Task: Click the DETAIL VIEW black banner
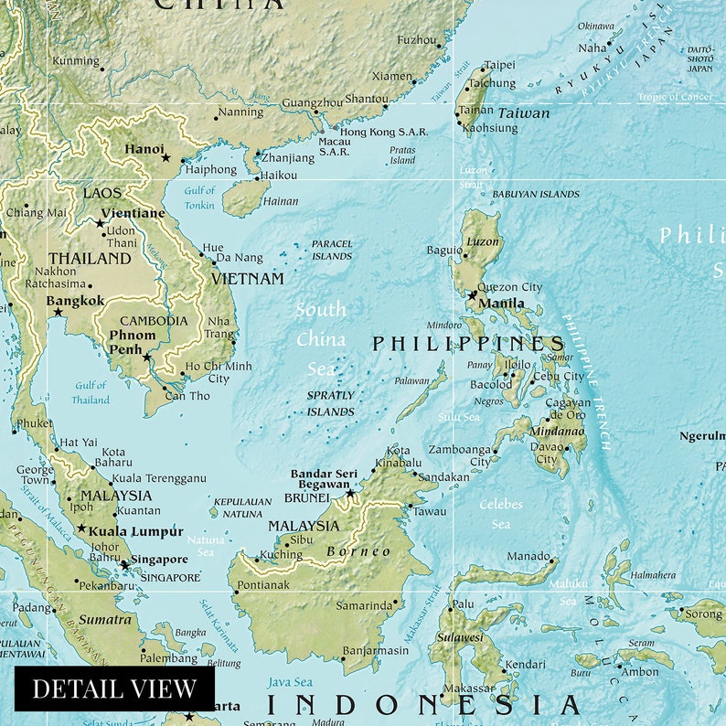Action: (x=114, y=689)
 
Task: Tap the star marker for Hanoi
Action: (x=165, y=158)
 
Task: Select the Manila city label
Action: (x=501, y=304)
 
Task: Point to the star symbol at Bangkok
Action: (x=58, y=313)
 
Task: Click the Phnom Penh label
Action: (x=133, y=342)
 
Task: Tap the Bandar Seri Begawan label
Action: (x=324, y=479)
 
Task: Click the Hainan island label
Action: (x=280, y=201)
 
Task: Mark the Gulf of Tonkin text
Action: (x=199, y=198)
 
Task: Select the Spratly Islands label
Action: (x=330, y=403)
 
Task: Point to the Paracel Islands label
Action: (x=331, y=250)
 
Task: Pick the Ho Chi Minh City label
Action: (x=219, y=372)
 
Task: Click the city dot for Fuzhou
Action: (x=440, y=46)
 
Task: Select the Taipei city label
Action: (x=499, y=65)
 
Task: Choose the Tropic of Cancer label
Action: (x=675, y=97)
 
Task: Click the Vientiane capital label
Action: (x=133, y=214)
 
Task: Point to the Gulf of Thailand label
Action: (x=91, y=392)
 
